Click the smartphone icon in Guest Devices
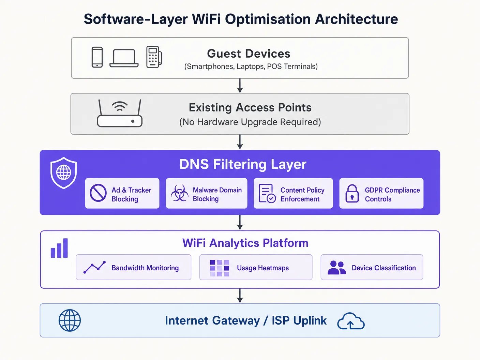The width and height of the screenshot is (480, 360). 97,57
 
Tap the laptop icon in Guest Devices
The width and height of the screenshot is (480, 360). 124,58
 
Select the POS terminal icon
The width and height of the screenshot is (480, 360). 154,57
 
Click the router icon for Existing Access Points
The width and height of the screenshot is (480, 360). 120,113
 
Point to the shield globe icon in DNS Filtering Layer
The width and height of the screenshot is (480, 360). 63,173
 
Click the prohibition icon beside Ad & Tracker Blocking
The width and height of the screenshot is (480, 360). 98,193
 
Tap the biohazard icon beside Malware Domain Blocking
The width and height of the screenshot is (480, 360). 180,193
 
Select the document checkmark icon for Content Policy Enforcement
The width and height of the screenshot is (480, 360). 267,193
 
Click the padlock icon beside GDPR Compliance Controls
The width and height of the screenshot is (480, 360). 352,193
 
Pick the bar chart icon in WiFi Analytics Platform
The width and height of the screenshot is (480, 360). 59,248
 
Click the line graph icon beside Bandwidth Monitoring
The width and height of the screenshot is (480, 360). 94,267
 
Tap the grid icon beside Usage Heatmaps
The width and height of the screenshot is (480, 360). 220,268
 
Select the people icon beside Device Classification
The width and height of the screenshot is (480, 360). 336,268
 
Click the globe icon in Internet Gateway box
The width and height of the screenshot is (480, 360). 70,320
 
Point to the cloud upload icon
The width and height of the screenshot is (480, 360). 351,321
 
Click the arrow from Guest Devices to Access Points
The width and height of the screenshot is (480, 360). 240,86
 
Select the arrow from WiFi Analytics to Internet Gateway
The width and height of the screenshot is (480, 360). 240,296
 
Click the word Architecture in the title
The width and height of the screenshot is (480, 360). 356,19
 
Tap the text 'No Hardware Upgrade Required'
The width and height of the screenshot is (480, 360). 250,122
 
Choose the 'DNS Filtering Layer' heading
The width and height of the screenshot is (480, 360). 243,164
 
